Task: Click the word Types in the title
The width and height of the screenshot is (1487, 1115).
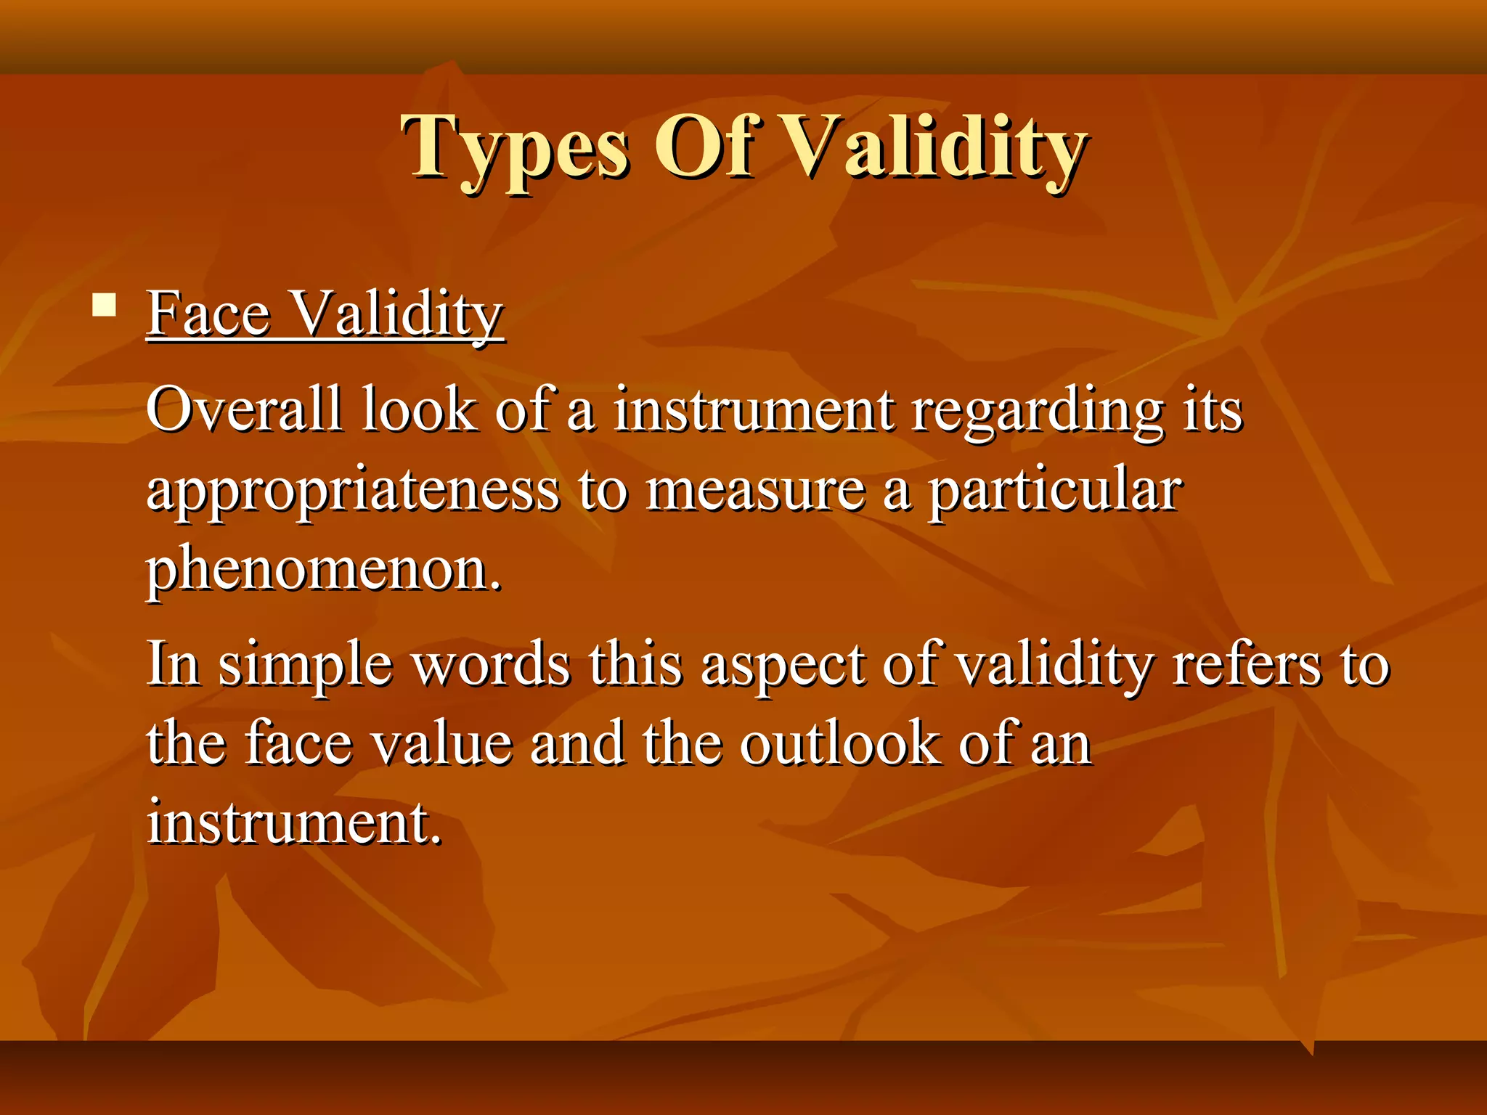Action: [516, 149]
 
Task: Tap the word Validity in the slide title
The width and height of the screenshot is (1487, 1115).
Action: [937, 149]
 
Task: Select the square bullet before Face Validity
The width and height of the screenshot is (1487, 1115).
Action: [105, 305]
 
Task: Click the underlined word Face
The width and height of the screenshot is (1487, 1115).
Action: [209, 314]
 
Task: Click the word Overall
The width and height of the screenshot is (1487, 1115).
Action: [244, 409]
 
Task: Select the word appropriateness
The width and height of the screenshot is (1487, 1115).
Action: [353, 491]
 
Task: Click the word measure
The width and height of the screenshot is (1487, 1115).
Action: [756, 491]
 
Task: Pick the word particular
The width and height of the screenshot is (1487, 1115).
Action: [1056, 491]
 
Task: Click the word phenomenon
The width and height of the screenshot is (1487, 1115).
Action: [324, 571]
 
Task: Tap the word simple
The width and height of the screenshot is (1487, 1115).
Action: [305, 665]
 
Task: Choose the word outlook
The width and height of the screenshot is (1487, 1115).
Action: [839, 743]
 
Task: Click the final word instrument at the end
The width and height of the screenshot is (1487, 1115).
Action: [293, 823]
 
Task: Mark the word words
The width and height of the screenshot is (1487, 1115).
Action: [492, 665]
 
